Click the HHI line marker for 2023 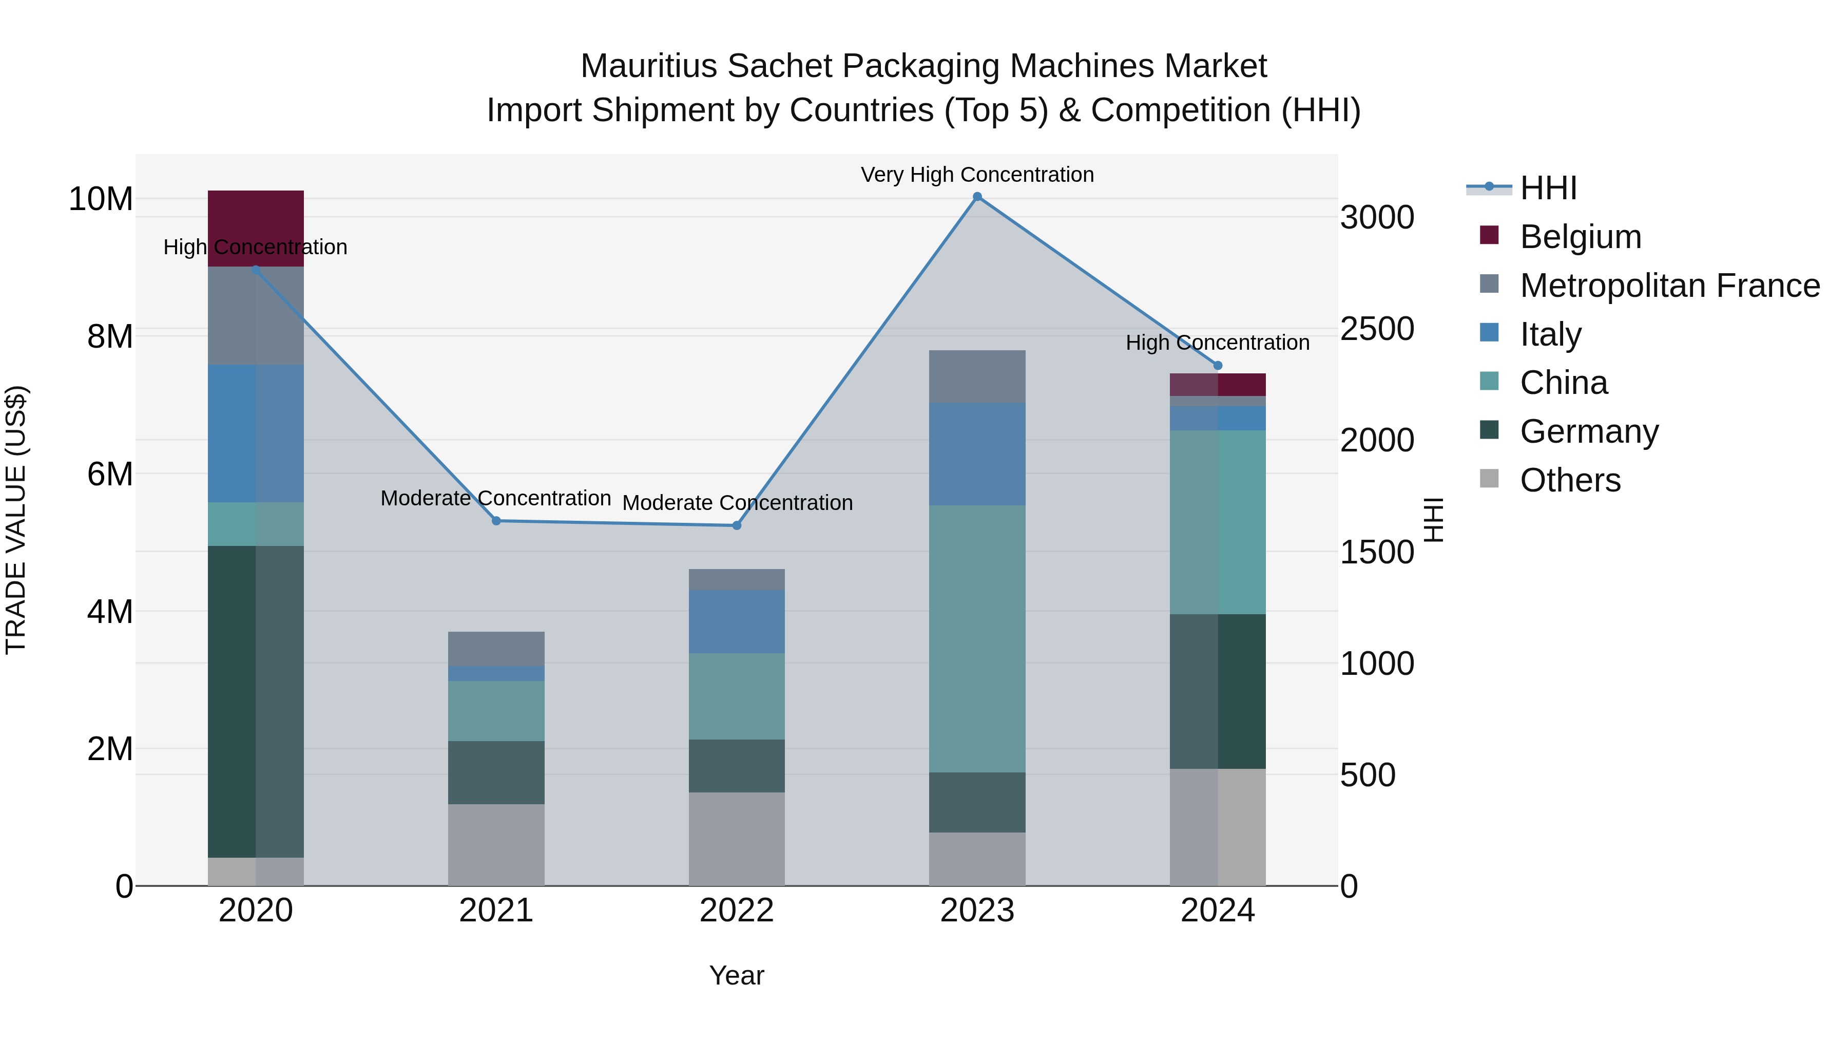click(977, 197)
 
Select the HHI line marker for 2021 click(496, 521)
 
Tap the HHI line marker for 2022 click(737, 525)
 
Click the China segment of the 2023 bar click(977, 639)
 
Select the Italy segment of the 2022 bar click(737, 621)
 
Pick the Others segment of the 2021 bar click(496, 845)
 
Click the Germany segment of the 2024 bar click(1218, 691)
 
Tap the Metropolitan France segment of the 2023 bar click(977, 377)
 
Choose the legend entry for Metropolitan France click(1669, 286)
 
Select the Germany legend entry click(1588, 431)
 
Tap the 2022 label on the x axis click(737, 911)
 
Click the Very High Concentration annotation click(977, 175)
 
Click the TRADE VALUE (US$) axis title click(16, 520)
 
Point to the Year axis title click(737, 975)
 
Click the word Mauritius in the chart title click(648, 66)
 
